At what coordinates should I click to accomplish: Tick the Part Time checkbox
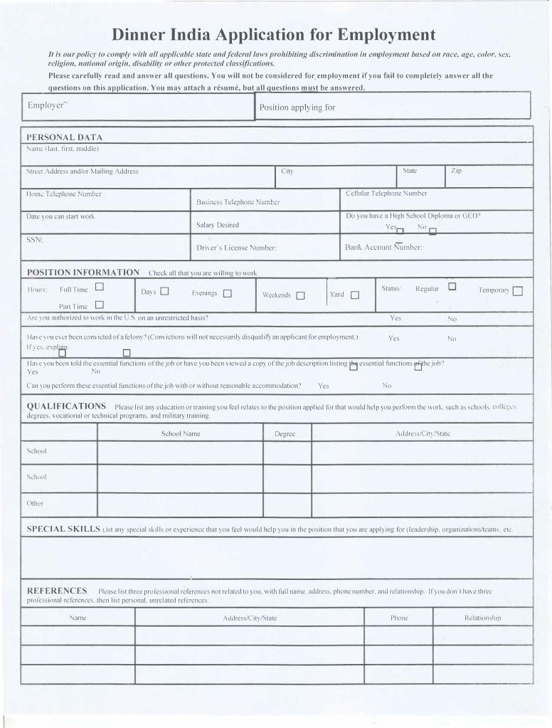100,305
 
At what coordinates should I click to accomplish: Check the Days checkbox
164,291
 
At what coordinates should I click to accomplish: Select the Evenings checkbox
228,293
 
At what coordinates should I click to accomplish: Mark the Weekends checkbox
301,295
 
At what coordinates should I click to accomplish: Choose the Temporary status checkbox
517,290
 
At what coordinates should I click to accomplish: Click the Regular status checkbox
452,287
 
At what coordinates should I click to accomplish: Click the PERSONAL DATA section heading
64,137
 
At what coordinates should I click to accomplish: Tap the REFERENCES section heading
57,591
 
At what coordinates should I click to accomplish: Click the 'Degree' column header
285,433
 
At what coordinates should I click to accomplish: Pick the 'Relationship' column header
482,618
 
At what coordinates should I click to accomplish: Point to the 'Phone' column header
399,618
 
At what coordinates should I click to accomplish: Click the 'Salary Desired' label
218,225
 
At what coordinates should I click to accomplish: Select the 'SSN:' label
35,240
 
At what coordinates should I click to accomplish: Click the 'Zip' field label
456,171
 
